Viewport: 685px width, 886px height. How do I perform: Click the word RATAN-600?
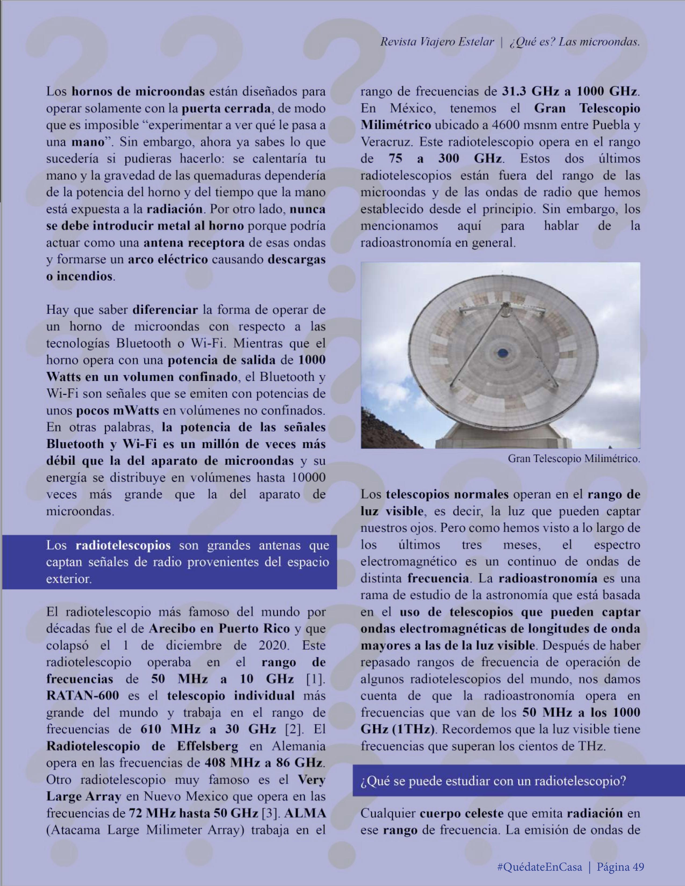[82, 695]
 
